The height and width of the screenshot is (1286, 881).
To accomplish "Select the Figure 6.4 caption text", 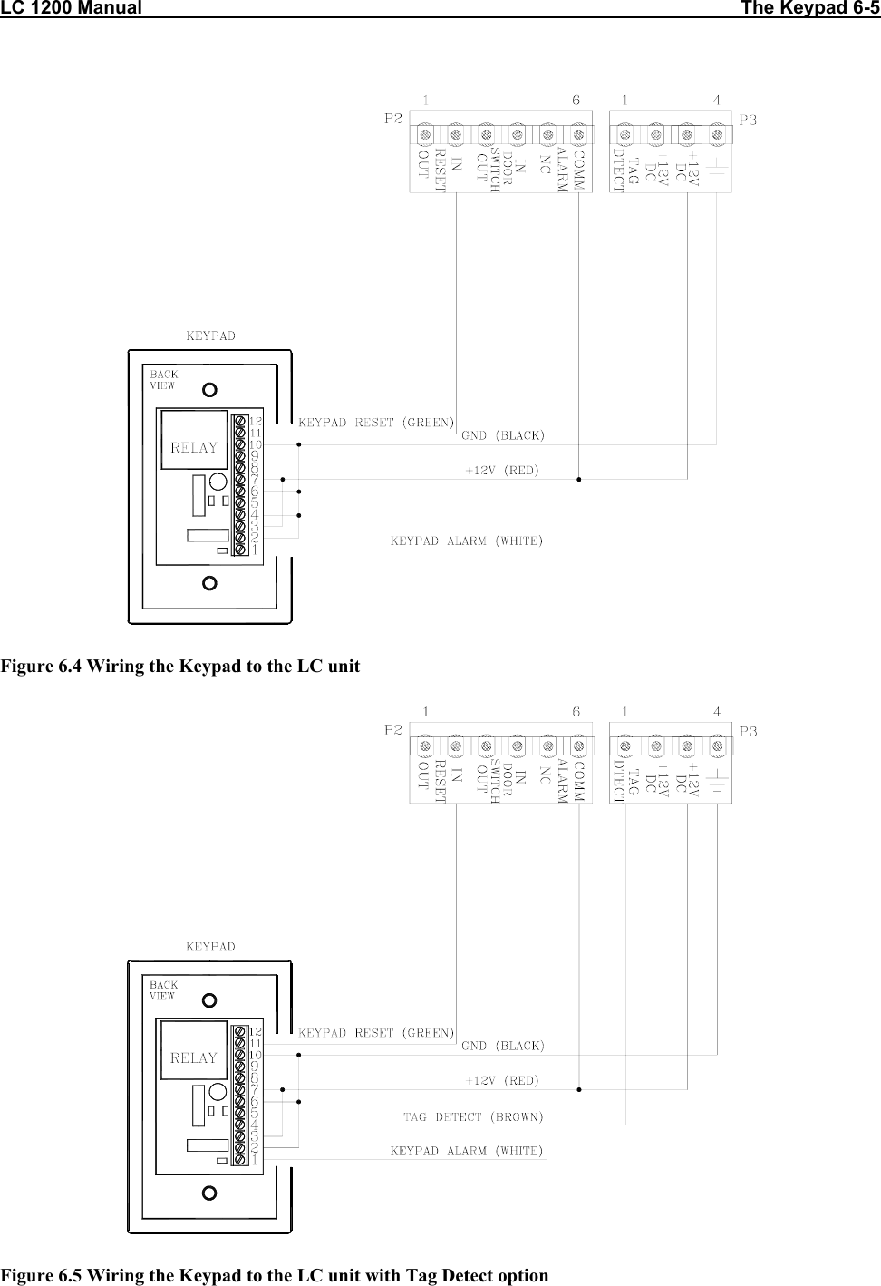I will pyautogui.click(x=180, y=667).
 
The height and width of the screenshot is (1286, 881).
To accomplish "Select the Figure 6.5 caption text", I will pyautogui.click(x=275, y=1275).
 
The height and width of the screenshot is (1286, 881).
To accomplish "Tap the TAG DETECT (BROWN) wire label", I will pyautogui.click(x=472, y=1116).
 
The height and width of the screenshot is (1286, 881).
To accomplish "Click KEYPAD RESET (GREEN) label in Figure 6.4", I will pyautogui.click(x=376, y=422).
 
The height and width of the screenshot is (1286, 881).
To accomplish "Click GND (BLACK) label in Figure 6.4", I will pyautogui.click(x=503, y=435).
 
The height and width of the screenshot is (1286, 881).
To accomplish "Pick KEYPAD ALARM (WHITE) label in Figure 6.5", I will pyautogui.click(x=467, y=1151).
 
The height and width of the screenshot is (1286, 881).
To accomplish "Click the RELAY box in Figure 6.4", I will pyautogui.click(x=194, y=446).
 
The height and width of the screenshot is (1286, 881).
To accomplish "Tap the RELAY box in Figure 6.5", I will pyautogui.click(x=194, y=1057).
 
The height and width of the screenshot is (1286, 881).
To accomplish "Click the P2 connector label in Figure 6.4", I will pyautogui.click(x=393, y=118).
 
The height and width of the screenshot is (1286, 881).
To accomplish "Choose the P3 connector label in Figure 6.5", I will pyautogui.click(x=749, y=730).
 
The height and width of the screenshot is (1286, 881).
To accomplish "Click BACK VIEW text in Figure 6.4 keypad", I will pyautogui.click(x=163, y=379).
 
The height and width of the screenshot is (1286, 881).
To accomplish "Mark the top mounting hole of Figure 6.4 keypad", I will pyautogui.click(x=209, y=390).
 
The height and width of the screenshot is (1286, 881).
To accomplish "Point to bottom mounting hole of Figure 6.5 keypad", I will pyautogui.click(x=209, y=1193).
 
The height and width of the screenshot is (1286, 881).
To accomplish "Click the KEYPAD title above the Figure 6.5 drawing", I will pyautogui.click(x=210, y=946).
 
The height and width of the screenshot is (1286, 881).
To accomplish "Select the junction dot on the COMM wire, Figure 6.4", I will pyautogui.click(x=578, y=477).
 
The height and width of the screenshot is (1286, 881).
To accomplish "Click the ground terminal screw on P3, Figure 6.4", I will pyautogui.click(x=717, y=135).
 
